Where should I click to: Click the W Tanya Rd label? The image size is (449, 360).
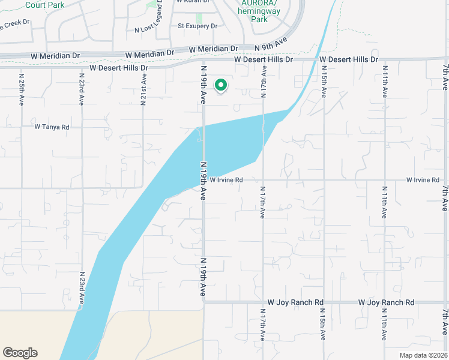(x=52, y=127)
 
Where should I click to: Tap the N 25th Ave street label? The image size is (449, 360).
(x=22, y=89)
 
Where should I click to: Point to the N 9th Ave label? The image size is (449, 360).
(x=271, y=44)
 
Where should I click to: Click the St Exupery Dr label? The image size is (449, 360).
(x=197, y=26)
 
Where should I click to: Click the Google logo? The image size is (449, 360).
(x=20, y=353)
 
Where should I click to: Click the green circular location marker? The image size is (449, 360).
(x=221, y=86)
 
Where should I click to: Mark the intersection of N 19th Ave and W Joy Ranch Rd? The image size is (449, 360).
(x=204, y=302)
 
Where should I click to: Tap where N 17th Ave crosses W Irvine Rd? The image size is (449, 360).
(x=263, y=179)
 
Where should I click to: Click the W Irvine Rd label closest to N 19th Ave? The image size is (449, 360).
(x=226, y=180)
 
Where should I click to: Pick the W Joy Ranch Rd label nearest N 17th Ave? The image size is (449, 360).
(x=295, y=302)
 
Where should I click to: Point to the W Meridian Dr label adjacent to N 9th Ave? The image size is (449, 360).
(x=213, y=49)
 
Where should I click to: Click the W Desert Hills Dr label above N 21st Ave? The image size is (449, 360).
(x=118, y=68)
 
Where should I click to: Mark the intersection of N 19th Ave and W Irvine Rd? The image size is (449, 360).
(x=203, y=179)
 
